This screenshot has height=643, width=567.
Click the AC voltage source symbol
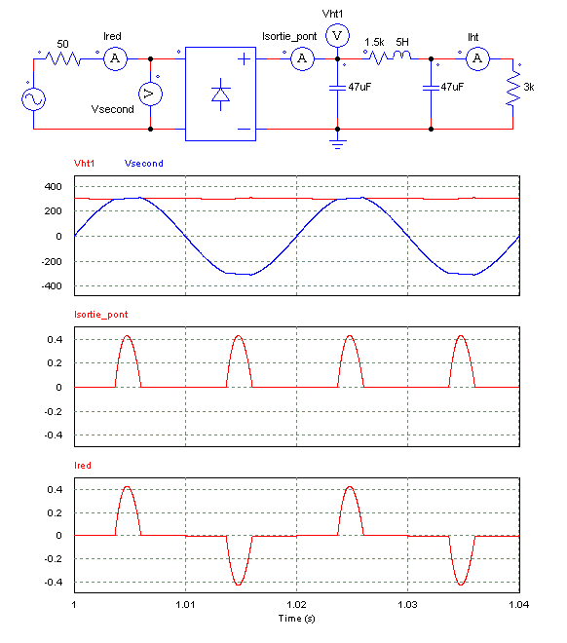34,98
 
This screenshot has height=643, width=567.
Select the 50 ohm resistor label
62,44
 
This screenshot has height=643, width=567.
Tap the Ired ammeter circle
115,58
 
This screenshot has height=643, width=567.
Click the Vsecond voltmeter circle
150,94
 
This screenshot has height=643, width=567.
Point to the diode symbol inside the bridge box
220,95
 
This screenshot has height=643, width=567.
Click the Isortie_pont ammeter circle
303,58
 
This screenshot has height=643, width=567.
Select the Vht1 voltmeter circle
337,36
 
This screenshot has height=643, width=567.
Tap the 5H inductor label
402,42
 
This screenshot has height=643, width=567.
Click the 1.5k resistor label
374,42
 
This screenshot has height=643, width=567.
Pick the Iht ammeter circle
477,58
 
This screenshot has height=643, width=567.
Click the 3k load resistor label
529,87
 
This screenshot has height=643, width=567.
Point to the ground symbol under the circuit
337,144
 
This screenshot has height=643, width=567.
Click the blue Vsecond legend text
144,164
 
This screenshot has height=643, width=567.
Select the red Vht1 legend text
85,164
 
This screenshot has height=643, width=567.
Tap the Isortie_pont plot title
101,315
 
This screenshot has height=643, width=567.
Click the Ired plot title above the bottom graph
83,466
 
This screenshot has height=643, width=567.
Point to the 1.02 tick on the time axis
296,604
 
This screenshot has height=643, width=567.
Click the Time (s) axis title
296,619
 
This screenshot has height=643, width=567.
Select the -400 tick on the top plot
52,286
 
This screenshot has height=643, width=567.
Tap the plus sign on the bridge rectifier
244,59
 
